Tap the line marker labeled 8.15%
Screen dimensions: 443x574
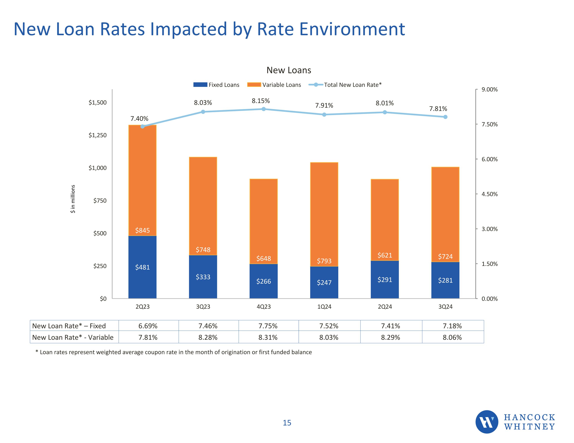(x=264, y=109)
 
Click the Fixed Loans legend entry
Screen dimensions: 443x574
(x=216, y=85)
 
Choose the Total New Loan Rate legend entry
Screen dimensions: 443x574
(x=345, y=85)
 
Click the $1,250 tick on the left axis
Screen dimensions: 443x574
(x=98, y=135)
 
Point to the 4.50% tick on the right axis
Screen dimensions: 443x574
(x=489, y=194)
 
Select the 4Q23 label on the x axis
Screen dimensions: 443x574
(x=264, y=307)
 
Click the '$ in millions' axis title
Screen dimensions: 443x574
(x=73, y=199)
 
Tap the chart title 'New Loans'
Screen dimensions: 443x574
(x=289, y=70)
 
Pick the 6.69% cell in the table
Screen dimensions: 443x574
(x=148, y=326)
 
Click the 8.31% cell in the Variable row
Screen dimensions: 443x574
(x=268, y=337)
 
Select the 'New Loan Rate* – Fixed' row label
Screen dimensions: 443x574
(x=69, y=326)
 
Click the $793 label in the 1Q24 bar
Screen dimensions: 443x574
(x=324, y=261)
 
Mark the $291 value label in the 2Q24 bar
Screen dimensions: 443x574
(x=385, y=280)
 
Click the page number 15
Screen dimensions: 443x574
(x=287, y=423)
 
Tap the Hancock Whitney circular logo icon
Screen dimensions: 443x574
(x=487, y=422)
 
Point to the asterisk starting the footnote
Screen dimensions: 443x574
(x=37, y=352)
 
